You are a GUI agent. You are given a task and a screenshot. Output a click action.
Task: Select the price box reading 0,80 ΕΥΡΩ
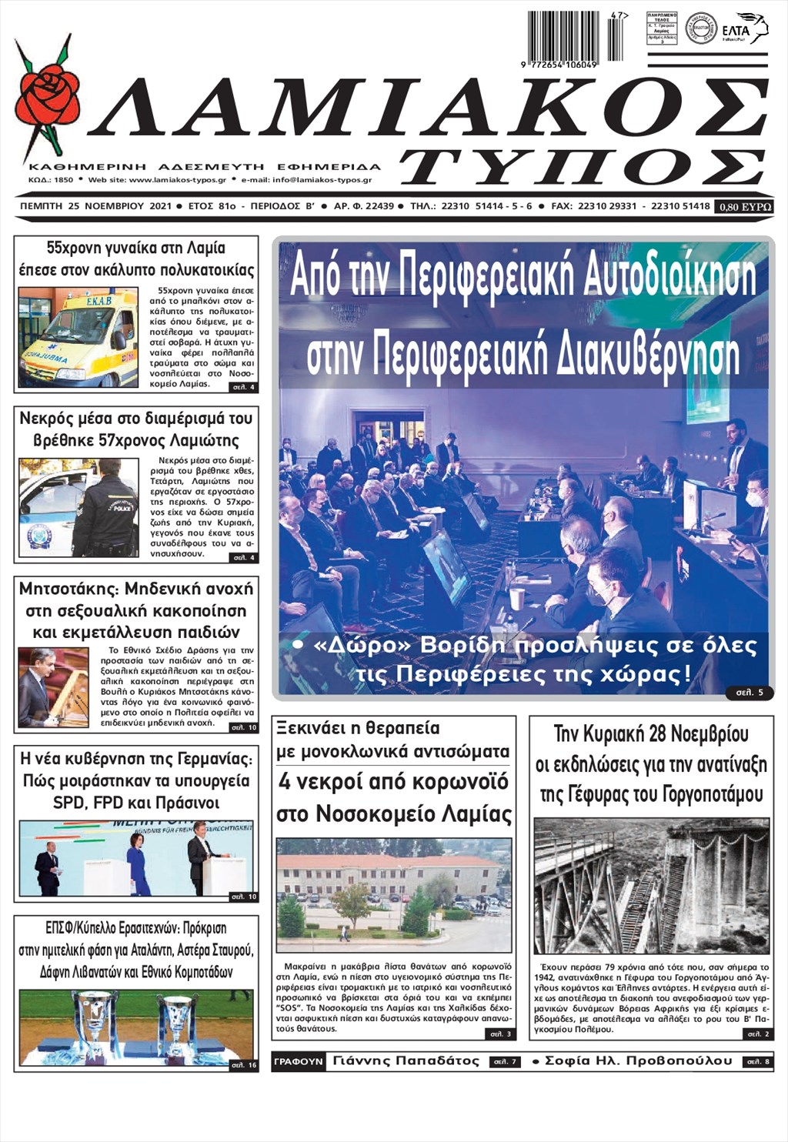pyautogui.click(x=743, y=206)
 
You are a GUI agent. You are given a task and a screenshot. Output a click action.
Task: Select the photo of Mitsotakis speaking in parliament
pyautogui.click(x=53, y=687)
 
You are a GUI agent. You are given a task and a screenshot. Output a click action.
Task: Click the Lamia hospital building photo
pyautogui.click(x=393, y=895)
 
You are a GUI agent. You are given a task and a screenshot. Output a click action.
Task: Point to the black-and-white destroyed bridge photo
pyautogui.click(x=651, y=886)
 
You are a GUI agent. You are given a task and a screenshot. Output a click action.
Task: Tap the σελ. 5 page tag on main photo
pyautogui.click(x=750, y=693)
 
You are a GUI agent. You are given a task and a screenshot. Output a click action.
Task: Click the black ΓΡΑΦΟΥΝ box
pyautogui.click(x=299, y=1061)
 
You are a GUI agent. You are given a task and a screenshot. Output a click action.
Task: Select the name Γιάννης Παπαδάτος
pyautogui.click(x=406, y=1061)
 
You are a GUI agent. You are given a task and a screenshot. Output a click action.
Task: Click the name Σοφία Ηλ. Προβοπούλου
pyautogui.click(x=638, y=1061)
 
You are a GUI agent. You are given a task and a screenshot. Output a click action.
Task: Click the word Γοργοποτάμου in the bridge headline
pyautogui.click(x=708, y=794)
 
